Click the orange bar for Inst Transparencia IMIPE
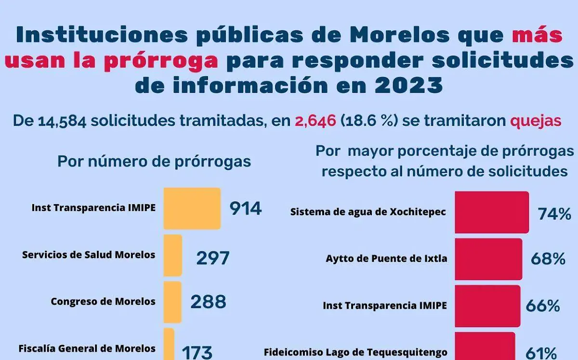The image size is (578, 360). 192,208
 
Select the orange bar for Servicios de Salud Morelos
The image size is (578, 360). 173,255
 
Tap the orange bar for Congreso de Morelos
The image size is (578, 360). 173,302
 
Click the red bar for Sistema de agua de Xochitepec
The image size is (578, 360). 492,212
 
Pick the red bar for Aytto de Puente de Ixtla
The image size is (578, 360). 488,259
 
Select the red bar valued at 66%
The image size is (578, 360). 487,306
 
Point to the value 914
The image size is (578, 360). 245,208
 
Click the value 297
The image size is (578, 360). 212,258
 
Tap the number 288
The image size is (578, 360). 208,302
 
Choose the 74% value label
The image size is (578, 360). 554,214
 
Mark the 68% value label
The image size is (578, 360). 548,259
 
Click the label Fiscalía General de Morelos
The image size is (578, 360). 87,348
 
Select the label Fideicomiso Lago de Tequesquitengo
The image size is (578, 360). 355,352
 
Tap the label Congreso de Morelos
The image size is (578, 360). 103,302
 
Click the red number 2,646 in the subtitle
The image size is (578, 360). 315,120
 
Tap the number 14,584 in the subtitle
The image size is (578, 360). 62,120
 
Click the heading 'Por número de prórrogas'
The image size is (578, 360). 154,161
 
